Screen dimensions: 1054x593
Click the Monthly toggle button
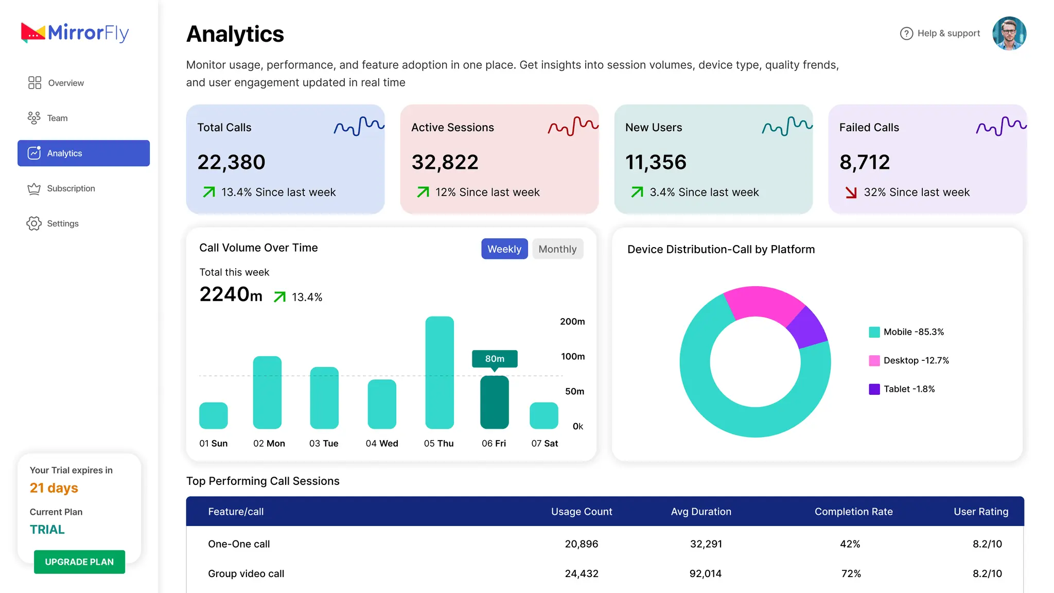tap(557, 249)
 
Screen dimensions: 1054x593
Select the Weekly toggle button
tap(504, 249)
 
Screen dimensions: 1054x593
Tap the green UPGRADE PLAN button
tap(79, 562)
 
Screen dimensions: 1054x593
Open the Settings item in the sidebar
tap(53, 223)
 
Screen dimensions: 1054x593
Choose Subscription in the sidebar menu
tap(61, 188)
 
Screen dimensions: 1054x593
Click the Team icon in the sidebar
tap(34, 118)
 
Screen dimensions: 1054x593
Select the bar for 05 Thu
tap(440, 373)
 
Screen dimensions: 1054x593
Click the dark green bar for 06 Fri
tap(495, 403)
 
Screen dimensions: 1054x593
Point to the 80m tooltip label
tap(495, 359)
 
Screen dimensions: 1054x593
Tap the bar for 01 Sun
tap(214, 415)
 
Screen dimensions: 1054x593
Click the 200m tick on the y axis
tap(572, 322)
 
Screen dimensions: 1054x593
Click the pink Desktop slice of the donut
tap(763, 303)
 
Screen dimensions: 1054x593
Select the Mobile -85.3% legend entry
tap(906, 332)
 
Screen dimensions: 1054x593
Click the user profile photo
tap(1009, 33)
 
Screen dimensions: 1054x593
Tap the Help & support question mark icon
tap(906, 33)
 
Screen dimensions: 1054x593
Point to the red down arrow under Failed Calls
tap(851, 193)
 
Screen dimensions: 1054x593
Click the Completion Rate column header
tap(853, 512)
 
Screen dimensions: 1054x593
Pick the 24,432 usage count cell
tap(582, 573)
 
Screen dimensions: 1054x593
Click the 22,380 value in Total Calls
tap(231, 162)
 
